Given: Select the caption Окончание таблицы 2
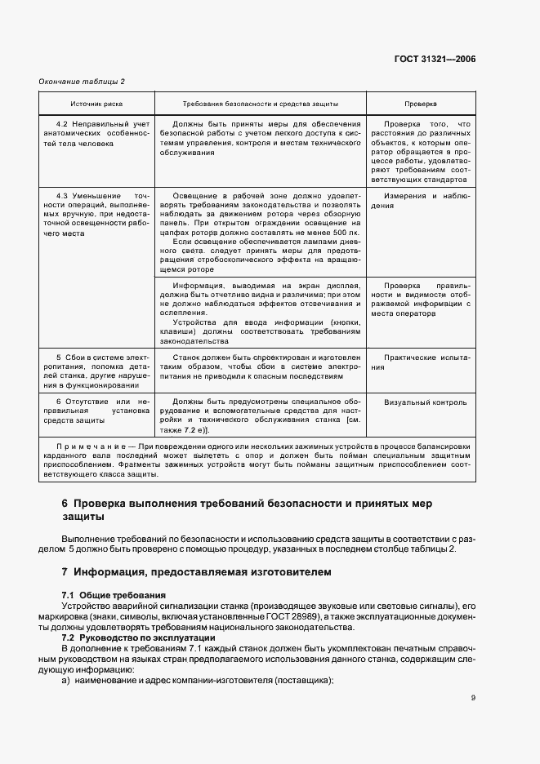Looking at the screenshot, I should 83,82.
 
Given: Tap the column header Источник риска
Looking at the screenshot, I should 96,104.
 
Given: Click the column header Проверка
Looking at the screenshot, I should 421,104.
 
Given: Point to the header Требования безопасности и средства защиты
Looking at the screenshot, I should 260,104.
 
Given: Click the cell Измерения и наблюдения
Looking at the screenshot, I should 420,201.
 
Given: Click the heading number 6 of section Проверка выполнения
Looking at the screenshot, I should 65,504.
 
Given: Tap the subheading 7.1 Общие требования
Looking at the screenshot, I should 114,595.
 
